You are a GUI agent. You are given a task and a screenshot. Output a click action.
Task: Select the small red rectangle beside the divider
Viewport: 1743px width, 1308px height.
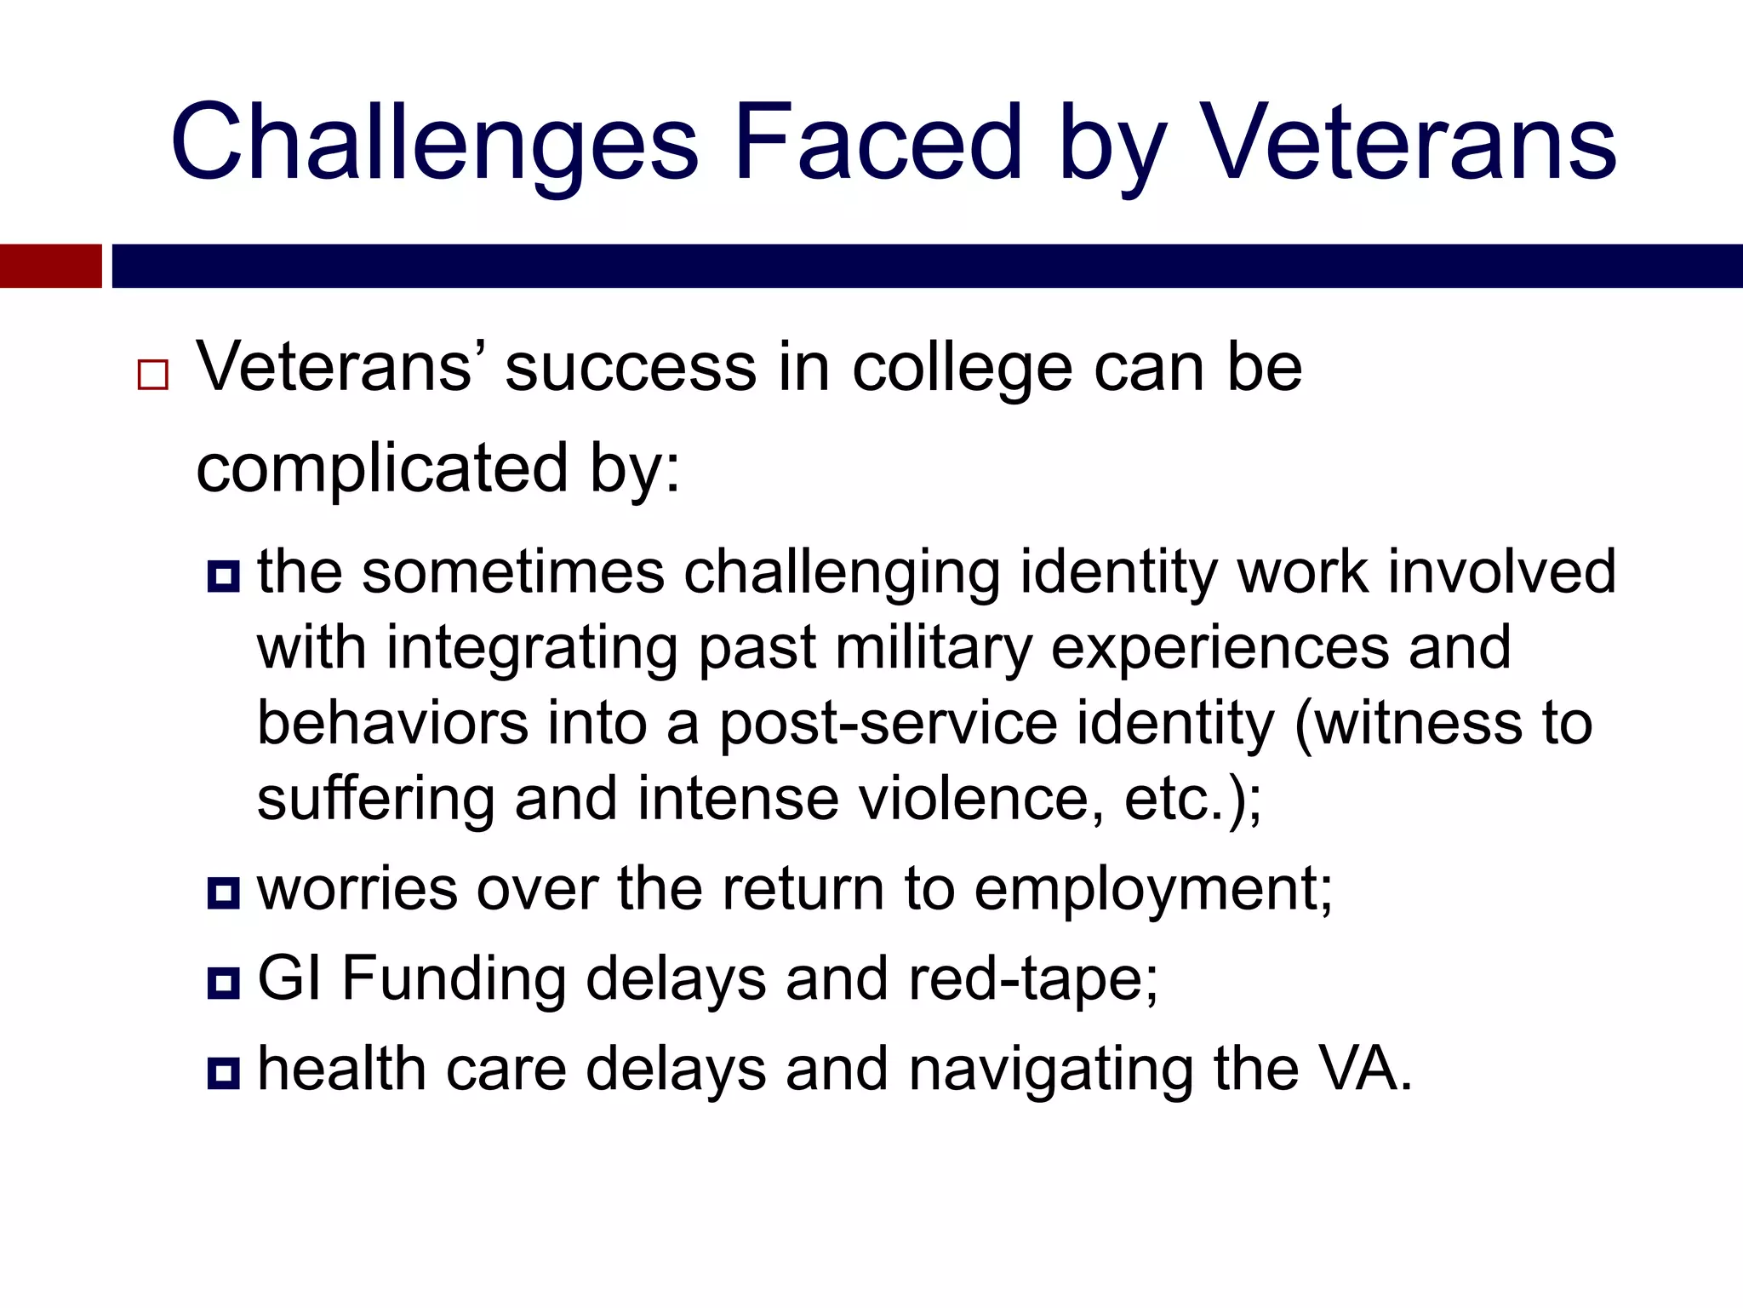pos(50,266)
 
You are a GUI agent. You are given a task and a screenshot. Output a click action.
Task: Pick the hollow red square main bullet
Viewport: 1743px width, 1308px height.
pos(153,375)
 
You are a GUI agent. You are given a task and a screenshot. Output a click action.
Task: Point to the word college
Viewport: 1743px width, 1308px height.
pos(962,371)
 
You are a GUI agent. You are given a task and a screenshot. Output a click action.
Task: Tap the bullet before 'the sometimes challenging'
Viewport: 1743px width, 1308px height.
pos(223,577)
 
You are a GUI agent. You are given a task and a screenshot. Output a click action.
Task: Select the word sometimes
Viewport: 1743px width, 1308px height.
pos(512,572)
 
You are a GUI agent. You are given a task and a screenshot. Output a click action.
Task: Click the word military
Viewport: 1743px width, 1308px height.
pos(933,649)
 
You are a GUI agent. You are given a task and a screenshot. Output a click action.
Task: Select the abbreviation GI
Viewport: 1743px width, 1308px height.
pos(289,978)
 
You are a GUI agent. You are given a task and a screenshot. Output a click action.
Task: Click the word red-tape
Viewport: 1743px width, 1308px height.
pos(1032,980)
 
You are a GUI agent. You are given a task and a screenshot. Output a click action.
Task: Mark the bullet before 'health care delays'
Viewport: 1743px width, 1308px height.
pos(223,1072)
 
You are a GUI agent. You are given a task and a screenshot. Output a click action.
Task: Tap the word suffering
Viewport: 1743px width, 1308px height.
pos(375,799)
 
